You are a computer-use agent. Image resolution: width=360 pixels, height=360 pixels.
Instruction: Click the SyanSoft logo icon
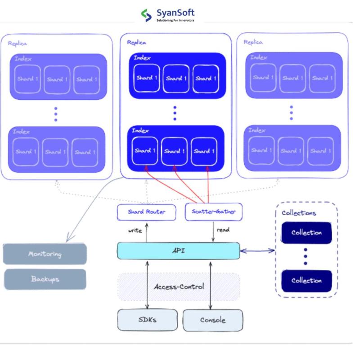(x=147, y=16)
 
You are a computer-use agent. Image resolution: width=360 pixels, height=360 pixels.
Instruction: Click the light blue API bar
(x=178, y=251)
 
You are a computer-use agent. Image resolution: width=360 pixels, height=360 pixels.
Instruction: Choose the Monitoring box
(x=45, y=254)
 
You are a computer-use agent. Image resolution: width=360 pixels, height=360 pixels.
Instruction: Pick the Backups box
(x=45, y=279)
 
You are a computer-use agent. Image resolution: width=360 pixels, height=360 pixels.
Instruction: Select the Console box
(x=213, y=320)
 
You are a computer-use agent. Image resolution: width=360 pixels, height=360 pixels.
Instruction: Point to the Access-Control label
(x=179, y=287)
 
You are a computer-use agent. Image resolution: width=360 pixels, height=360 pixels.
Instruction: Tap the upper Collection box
(x=306, y=233)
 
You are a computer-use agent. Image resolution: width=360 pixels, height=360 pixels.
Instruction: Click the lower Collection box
(x=306, y=280)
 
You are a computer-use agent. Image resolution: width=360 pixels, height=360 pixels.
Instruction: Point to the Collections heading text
(x=298, y=213)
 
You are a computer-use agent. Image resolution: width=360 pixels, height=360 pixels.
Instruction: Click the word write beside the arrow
(x=135, y=230)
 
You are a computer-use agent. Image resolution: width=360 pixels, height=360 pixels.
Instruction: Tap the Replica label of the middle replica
(x=137, y=42)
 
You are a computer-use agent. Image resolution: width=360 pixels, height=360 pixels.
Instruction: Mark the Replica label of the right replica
(x=253, y=42)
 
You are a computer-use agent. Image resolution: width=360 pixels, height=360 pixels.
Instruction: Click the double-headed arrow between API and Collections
(x=257, y=251)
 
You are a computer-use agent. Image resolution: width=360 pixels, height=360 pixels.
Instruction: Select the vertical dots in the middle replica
(x=175, y=113)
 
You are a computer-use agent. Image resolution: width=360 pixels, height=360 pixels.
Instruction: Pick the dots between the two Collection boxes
(x=306, y=256)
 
